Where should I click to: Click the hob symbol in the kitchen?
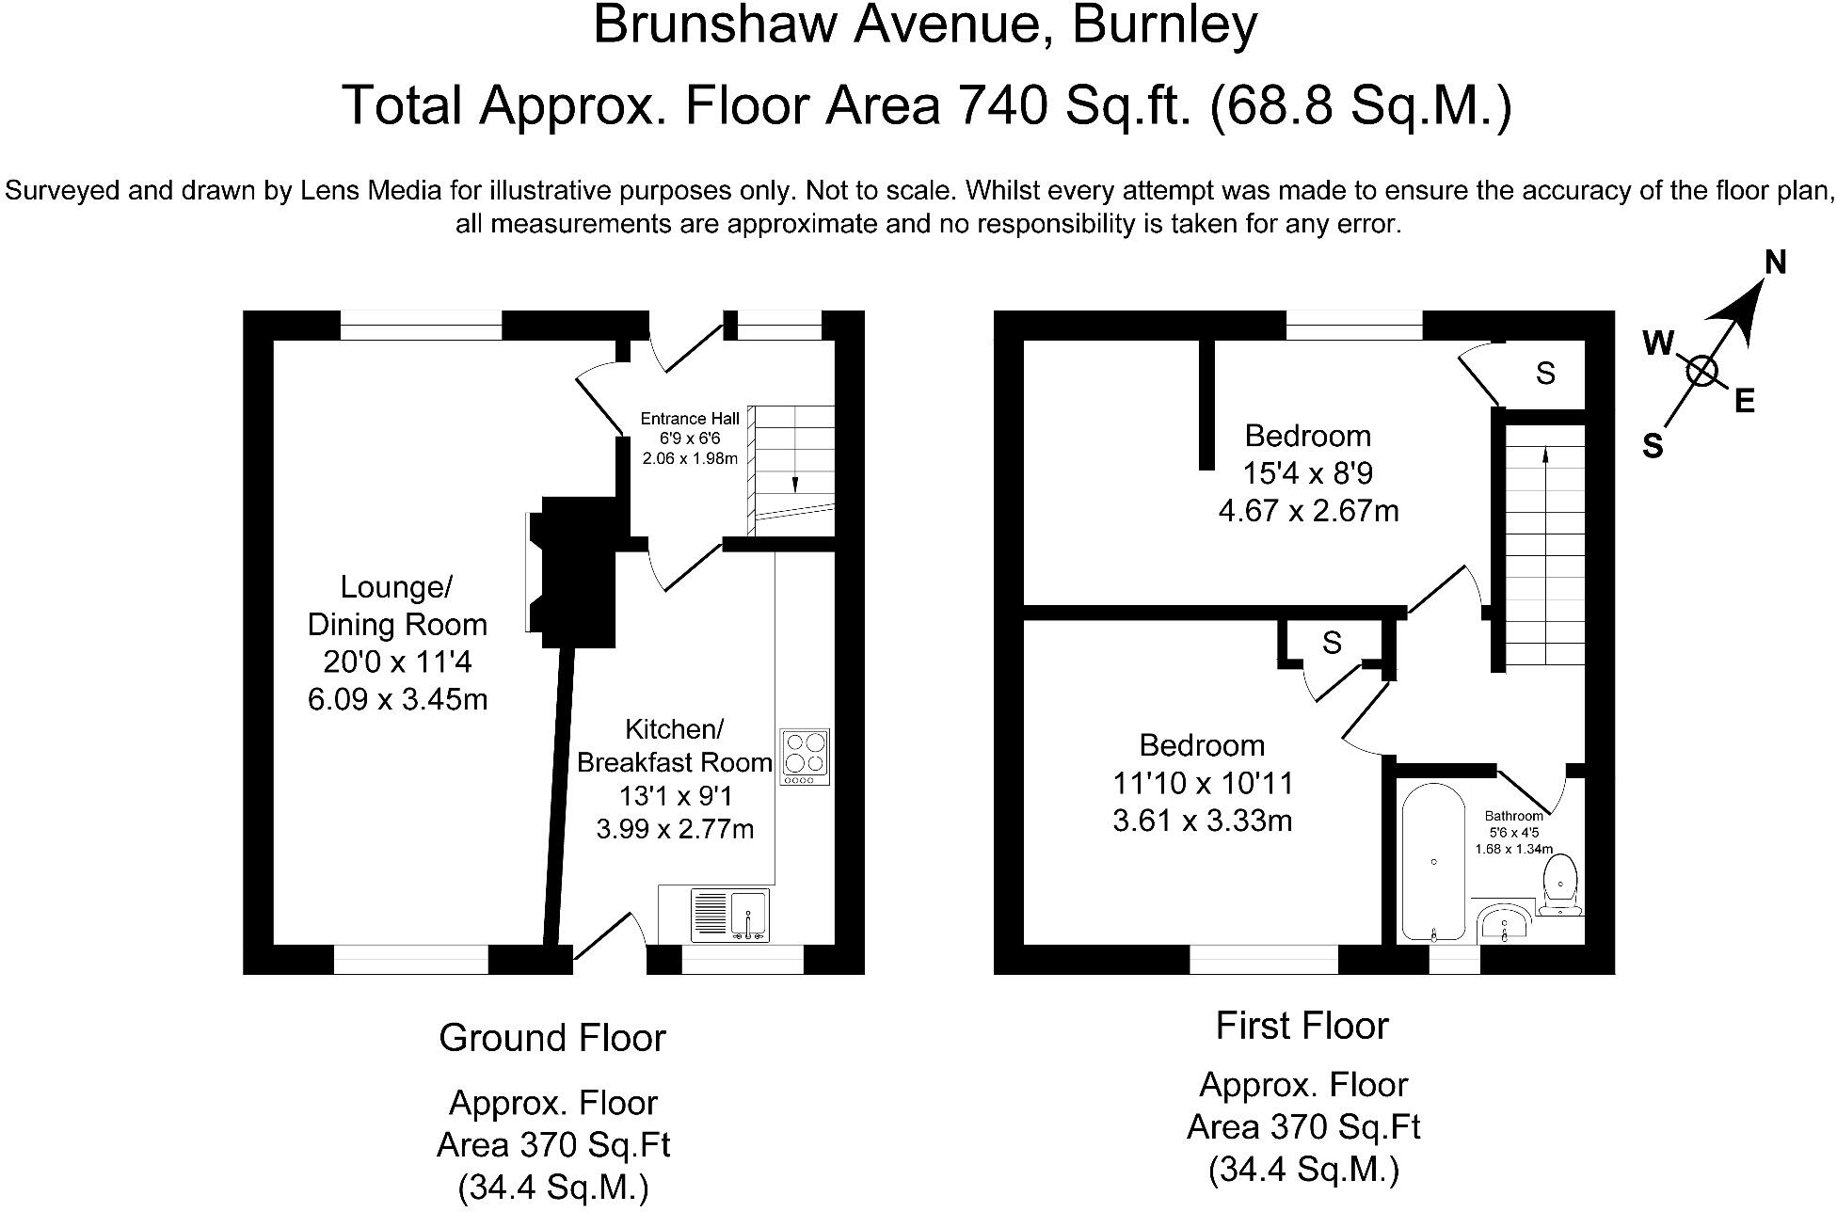tap(805, 757)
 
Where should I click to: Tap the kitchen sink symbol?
tap(731, 915)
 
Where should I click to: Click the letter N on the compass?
tap(1775, 263)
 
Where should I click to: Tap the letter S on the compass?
tap(1653, 445)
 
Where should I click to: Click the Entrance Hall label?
tap(690, 419)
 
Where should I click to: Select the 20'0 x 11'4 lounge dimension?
tap(397, 662)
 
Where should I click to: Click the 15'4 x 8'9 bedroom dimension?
tap(1308, 473)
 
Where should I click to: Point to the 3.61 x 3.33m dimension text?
tap(1202, 821)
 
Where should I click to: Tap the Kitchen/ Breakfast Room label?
tap(674, 745)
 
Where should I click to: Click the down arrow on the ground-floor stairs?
tap(794, 484)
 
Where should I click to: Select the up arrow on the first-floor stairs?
tap(1544, 455)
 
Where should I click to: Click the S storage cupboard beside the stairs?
tap(1545, 374)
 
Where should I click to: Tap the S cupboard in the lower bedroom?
tap(1331, 643)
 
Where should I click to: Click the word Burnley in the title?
tap(1164, 26)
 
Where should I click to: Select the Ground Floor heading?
tap(552, 1038)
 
